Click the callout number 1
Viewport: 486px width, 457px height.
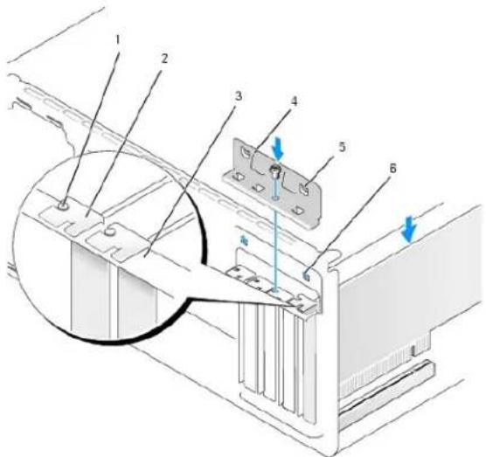click(x=118, y=39)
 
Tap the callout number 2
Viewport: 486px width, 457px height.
click(x=164, y=59)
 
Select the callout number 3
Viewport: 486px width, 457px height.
click(x=238, y=96)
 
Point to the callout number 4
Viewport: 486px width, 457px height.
click(x=294, y=101)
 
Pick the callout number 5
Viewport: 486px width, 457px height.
click(x=341, y=147)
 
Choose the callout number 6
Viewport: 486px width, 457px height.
click(x=392, y=169)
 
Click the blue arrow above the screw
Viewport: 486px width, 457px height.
click(x=278, y=153)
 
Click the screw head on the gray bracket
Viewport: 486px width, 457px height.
click(x=274, y=170)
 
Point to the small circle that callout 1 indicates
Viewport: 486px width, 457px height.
click(x=64, y=205)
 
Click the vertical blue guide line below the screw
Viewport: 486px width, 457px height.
click(x=275, y=235)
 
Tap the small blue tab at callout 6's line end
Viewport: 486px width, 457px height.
click(x=306, y=274)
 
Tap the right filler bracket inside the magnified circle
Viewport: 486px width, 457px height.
click(x=136, y=302)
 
